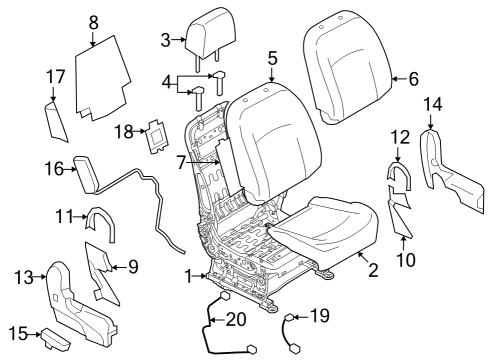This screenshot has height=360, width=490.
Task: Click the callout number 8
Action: tap(93, 21)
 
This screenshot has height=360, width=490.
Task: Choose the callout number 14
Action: tap(433, 104)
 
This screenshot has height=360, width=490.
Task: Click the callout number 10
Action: tap(403, 261)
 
